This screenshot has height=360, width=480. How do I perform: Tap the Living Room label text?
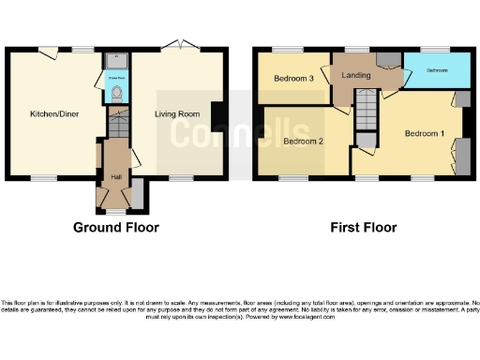point(177,114)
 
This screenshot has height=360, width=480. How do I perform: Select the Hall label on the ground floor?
point(115,176)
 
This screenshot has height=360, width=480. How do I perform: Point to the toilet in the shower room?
point(116,92)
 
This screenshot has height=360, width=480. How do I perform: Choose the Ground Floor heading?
point(116,227)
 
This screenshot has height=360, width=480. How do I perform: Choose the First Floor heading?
point(363,227)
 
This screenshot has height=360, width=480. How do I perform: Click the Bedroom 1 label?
point(424,134)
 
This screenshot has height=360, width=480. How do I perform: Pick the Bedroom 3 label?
point(293,79)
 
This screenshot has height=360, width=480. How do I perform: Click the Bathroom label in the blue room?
point(437,71)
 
